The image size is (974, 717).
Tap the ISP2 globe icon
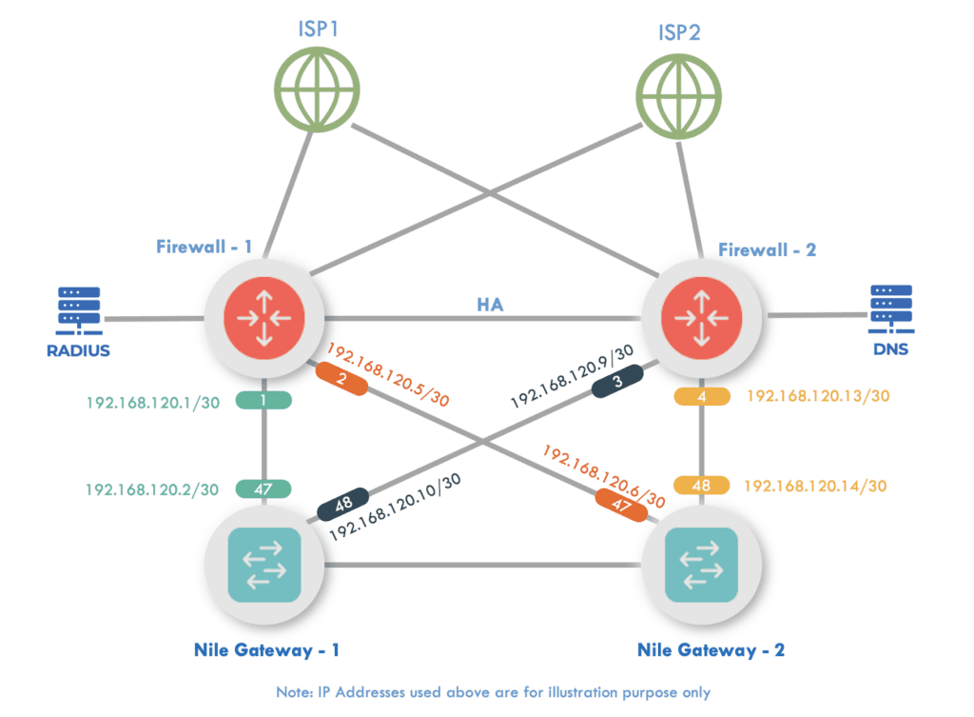(x=678, y=90)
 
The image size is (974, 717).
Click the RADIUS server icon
(x=79, y=308)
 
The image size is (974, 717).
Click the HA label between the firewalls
(x=491, y=304)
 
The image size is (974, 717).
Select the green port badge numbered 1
(x=263, y=401)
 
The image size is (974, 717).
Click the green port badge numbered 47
(x=263, y=489)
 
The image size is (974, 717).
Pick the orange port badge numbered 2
(x=342, y=382)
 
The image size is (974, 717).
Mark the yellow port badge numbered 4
(x=701, y=396)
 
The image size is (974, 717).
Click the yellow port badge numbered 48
(x=701, y=486)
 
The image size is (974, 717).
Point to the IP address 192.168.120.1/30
(x=153, y=402)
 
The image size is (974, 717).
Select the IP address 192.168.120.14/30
(x=815, y=486)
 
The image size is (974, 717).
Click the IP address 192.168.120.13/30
(x=815, y=396)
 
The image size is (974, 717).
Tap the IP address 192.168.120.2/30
(x=153, y=489)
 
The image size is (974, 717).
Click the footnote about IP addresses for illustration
(x=486, y=692)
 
